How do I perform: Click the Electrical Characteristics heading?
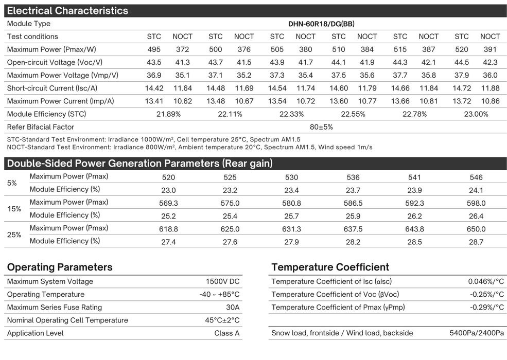tap(67, 11)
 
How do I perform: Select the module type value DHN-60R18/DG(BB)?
tap(321, 24)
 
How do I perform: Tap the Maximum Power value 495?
tap(154, 50)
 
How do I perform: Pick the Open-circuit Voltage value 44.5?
tap(462, 63)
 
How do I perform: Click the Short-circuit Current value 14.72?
tap(462, 88)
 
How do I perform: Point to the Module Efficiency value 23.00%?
tap(476, 114)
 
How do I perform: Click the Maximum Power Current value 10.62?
tap(182, 101)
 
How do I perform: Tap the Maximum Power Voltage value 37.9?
tap(462, 76)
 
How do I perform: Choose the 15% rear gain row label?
tap(14, 209)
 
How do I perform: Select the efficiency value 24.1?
tap(476, 190)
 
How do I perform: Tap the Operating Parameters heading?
tap(60, 267)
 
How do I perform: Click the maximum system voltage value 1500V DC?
tap(222, 282)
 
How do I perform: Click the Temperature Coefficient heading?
tap(330, 267)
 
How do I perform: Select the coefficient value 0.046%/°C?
tap(486, 282)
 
